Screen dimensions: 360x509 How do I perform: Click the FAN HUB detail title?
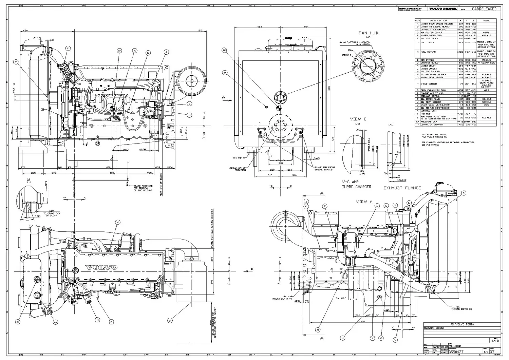pyautogui.click(x=368, y=33)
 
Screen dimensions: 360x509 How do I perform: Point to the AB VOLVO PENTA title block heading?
pyautogui.click(x=462, y=324)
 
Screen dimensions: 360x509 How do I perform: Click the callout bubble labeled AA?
pyautogui.click(x=55, y=321)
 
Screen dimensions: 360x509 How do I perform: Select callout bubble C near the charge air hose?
pyautogui.click(x=68, y=49)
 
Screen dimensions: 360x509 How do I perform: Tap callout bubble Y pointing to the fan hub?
pyautogui.click(x=16, y=62)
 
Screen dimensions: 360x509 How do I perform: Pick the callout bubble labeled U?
pyautogui.click(x=342, y=338)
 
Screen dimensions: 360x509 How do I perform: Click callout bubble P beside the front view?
pyautogui.click(x=225, y=73)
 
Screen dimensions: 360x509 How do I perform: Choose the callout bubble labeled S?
pyautogui.click(x=18, y=321)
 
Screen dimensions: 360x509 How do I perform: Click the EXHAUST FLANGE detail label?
pyautogui.click(x=402, y=188)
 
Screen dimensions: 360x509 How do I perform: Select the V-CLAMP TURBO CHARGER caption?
pyautogui.click(x=356, y=184)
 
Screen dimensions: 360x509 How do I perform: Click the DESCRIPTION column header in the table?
pyautogui.click(x=438, y=21)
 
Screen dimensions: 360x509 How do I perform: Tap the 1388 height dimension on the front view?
pyautogui.click(x=328, y=88)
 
